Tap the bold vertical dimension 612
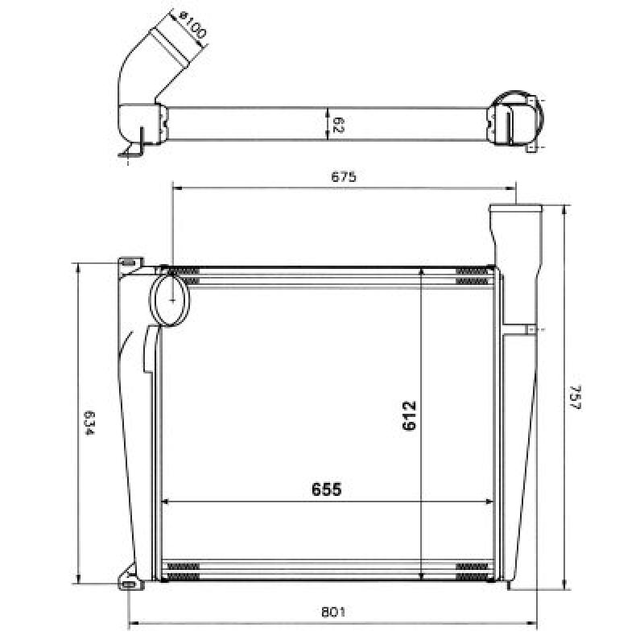click(410, 415)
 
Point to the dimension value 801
click(334, 612)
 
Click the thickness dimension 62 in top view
click(338, 125)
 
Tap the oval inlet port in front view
click(170, 298)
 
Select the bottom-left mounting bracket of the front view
click(130, 580)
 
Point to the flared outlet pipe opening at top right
click(515, 211)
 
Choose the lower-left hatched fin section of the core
click(183, 572)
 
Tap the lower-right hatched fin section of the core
click(472, 572)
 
